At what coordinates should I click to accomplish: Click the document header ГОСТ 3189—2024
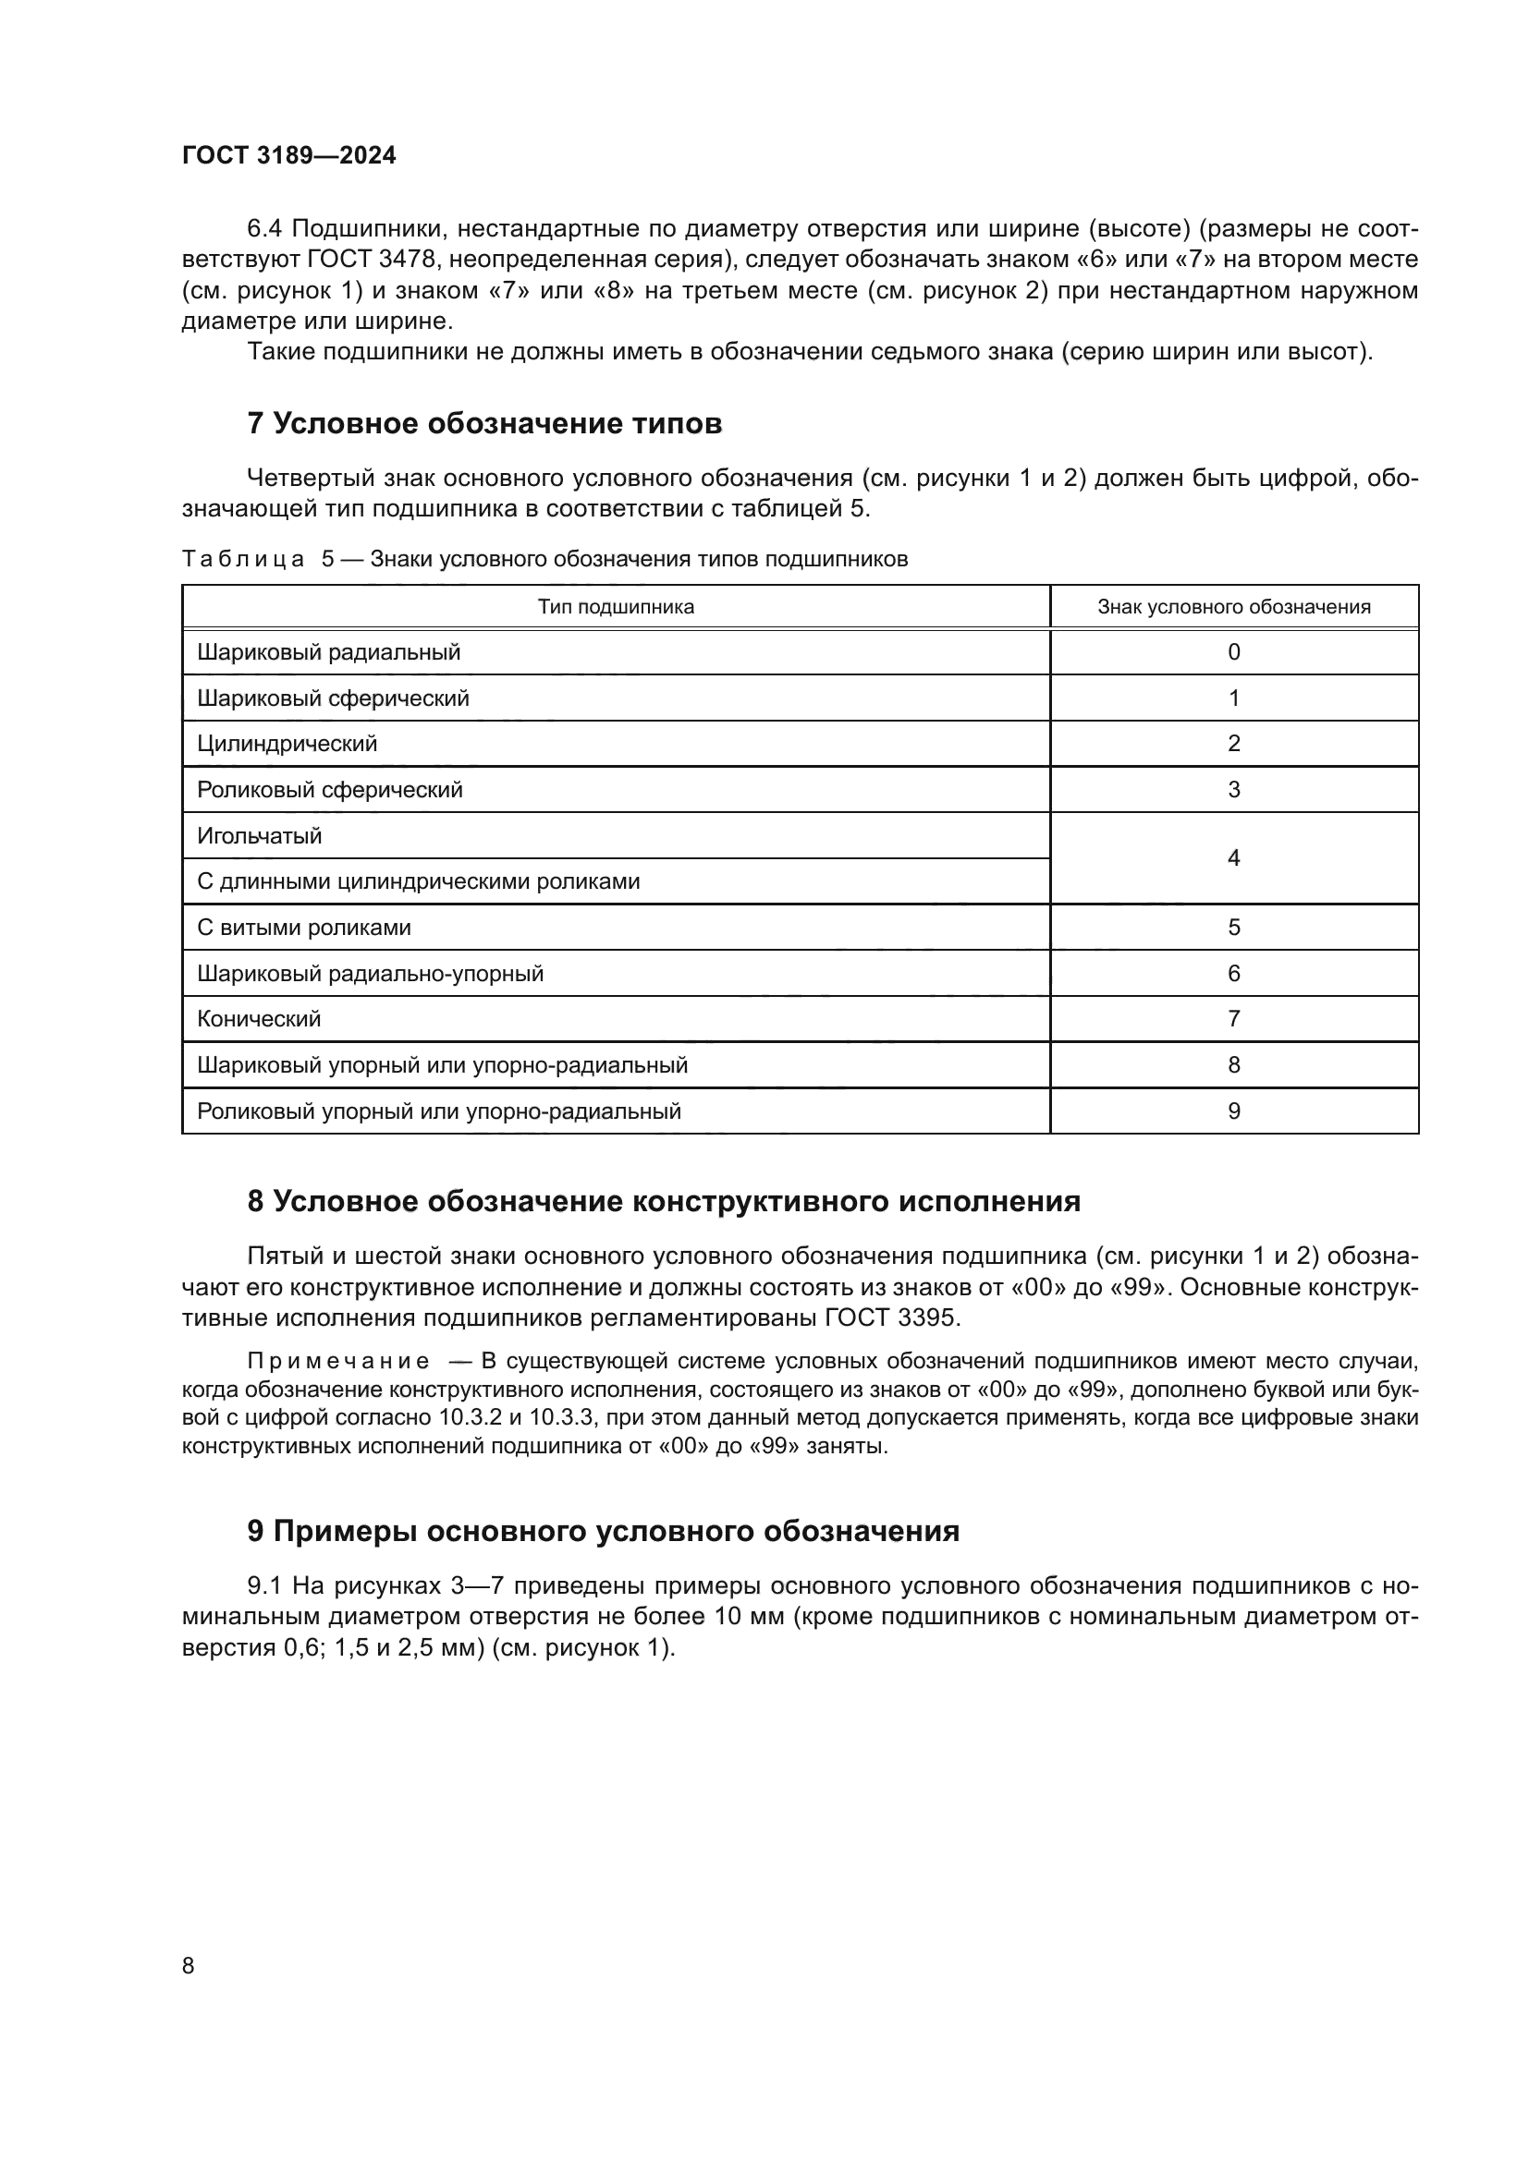289,156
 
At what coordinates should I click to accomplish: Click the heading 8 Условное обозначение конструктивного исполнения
664,1202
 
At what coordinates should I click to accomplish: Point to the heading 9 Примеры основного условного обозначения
603,1531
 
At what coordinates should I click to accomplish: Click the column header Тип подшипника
616,607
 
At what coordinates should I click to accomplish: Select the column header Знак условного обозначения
1233,607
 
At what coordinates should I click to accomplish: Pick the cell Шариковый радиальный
328,652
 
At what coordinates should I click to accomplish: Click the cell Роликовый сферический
329,790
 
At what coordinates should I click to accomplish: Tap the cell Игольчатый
259,836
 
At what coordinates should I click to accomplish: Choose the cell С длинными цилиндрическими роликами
418,882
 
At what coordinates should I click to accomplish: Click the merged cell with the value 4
1233,858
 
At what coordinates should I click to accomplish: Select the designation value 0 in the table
1233,652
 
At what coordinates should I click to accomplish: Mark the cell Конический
259,1019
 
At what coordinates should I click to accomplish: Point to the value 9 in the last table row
1233,1111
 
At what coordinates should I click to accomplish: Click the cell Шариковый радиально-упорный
370,973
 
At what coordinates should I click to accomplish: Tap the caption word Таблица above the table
243,559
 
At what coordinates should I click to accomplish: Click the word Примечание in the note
339,1362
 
